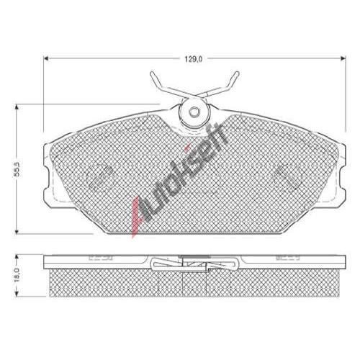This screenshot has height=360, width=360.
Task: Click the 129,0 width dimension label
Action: [x=194, y=59]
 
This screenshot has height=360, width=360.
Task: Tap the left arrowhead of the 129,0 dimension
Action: [x=46, y=58]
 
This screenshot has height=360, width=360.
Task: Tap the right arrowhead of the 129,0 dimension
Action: [x=343, y=58]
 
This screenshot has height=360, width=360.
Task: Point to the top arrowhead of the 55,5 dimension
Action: [x=17, y=107]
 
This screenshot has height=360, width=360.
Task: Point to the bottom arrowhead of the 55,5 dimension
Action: [x=17, y=231]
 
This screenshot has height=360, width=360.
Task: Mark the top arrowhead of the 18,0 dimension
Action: [x=17, y=258]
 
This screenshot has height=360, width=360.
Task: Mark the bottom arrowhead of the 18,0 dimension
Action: [x=17, y=294]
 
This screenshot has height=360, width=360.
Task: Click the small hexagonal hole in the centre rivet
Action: [x=194, y=112]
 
